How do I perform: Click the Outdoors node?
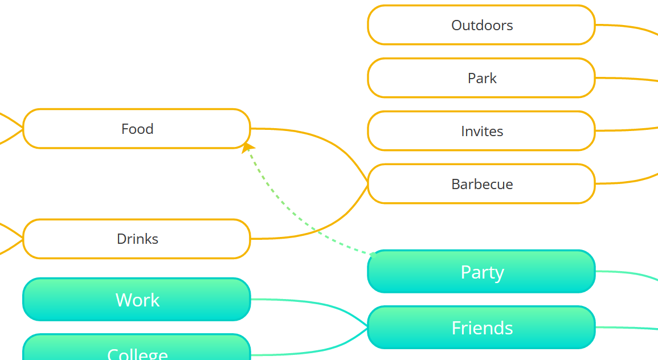[481, 25]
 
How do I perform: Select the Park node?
[481, 78]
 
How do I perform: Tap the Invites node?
[481, 131]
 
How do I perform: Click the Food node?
[137, 129]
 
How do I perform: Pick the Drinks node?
[137, 239]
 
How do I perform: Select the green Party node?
[481, 272]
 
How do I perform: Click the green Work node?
[137, 300]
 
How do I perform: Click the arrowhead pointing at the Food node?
[247, 148]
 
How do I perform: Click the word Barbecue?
[482, 184]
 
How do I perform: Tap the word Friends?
[482, 328]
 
